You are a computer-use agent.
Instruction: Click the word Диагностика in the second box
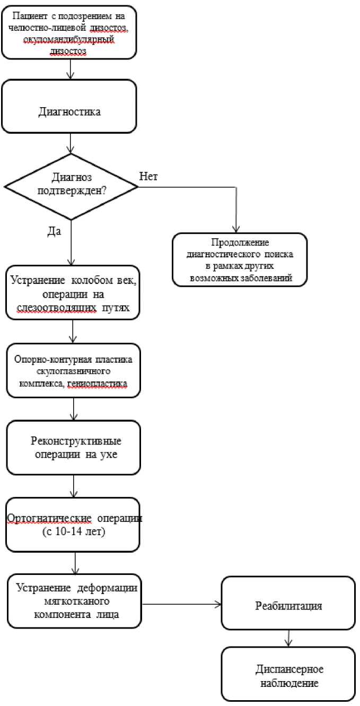[69, 111]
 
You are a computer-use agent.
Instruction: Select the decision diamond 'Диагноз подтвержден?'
[71, 187]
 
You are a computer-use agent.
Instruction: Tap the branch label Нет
[148, 176]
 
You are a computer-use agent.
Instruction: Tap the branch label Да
[54, 232]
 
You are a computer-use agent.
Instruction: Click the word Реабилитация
[288, 606]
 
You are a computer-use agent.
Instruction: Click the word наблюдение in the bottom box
[289, 683]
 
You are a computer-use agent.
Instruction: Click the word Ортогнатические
[49, 518]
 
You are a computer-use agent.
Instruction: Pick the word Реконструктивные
[76, 441]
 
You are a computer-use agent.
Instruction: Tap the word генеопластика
[98, 383]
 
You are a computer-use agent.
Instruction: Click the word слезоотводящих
[57, 308]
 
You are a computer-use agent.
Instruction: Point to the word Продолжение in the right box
[240, 242]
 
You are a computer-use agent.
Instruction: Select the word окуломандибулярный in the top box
[69, 40]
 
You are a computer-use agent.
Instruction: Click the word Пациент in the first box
[30, 15]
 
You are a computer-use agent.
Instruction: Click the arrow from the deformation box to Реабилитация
[182, 604]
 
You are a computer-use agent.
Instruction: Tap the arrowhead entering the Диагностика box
[70, 76]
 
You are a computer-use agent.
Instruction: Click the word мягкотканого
[77, 601]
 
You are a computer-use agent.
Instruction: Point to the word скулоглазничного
[73, 371]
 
